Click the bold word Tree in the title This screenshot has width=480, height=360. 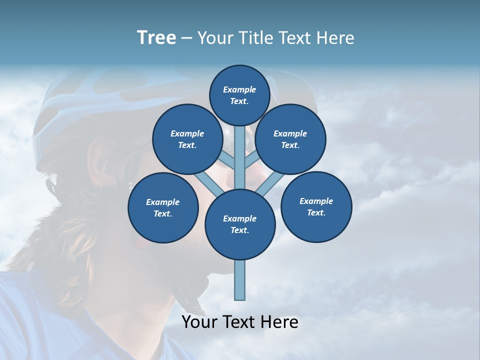(x=156, y=38)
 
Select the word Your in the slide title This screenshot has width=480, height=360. (x=213, y=38)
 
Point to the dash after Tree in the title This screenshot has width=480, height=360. (x=187, y=38)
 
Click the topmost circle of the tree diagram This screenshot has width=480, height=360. (x=239, y=95)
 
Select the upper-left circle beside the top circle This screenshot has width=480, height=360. (x=187, y=139)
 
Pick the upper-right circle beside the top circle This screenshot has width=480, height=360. (x=290, y=139)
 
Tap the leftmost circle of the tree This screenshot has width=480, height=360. (x=163, y=207)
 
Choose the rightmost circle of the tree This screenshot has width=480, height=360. (x=316, y=206)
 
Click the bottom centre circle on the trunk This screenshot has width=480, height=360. (x=240, y=224)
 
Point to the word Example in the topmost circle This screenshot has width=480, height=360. (x=239, y=89)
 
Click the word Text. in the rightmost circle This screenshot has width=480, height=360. (x=316, y=212)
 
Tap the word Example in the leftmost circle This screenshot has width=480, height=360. (x=163, y=202)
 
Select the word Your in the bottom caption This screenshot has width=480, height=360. (x=199, y=322)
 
